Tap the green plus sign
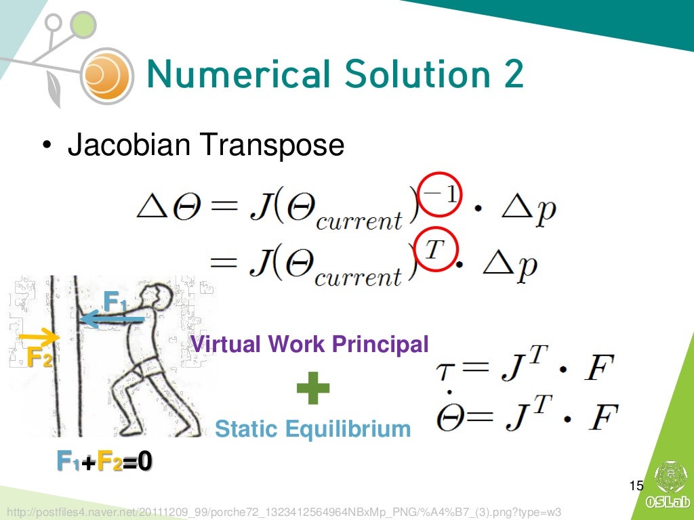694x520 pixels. tap(313, 389)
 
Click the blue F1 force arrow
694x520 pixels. tap(112, 318)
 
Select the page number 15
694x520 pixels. tap(636, 485)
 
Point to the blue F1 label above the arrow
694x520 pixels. tap(115, 300)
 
